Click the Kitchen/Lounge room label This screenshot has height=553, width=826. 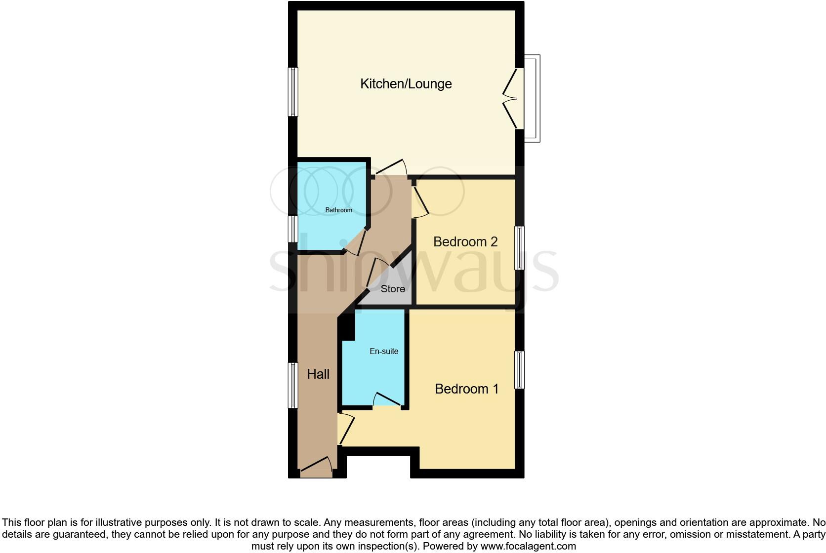coord(406,84)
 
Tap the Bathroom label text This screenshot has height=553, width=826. coord(338,210)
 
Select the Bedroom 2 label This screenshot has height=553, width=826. coord(465,242)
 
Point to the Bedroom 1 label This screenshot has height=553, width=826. coord(466,389)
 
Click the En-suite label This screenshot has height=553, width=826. coord(384,352)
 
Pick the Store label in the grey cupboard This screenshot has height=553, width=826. coord(393,289)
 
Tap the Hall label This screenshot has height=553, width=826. coord(318,374)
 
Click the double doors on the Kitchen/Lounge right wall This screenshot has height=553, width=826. coord(512,99)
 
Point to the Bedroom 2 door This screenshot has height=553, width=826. coord(420,200)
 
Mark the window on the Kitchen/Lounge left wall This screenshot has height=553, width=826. coord(293,92)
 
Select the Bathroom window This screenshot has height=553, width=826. coord(293,229)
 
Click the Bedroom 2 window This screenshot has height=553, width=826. coord(519,248)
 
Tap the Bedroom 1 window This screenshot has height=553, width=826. coord(519,370)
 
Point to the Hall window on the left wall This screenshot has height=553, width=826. coord(293,385)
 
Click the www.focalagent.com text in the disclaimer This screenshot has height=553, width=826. coord(528,546)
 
